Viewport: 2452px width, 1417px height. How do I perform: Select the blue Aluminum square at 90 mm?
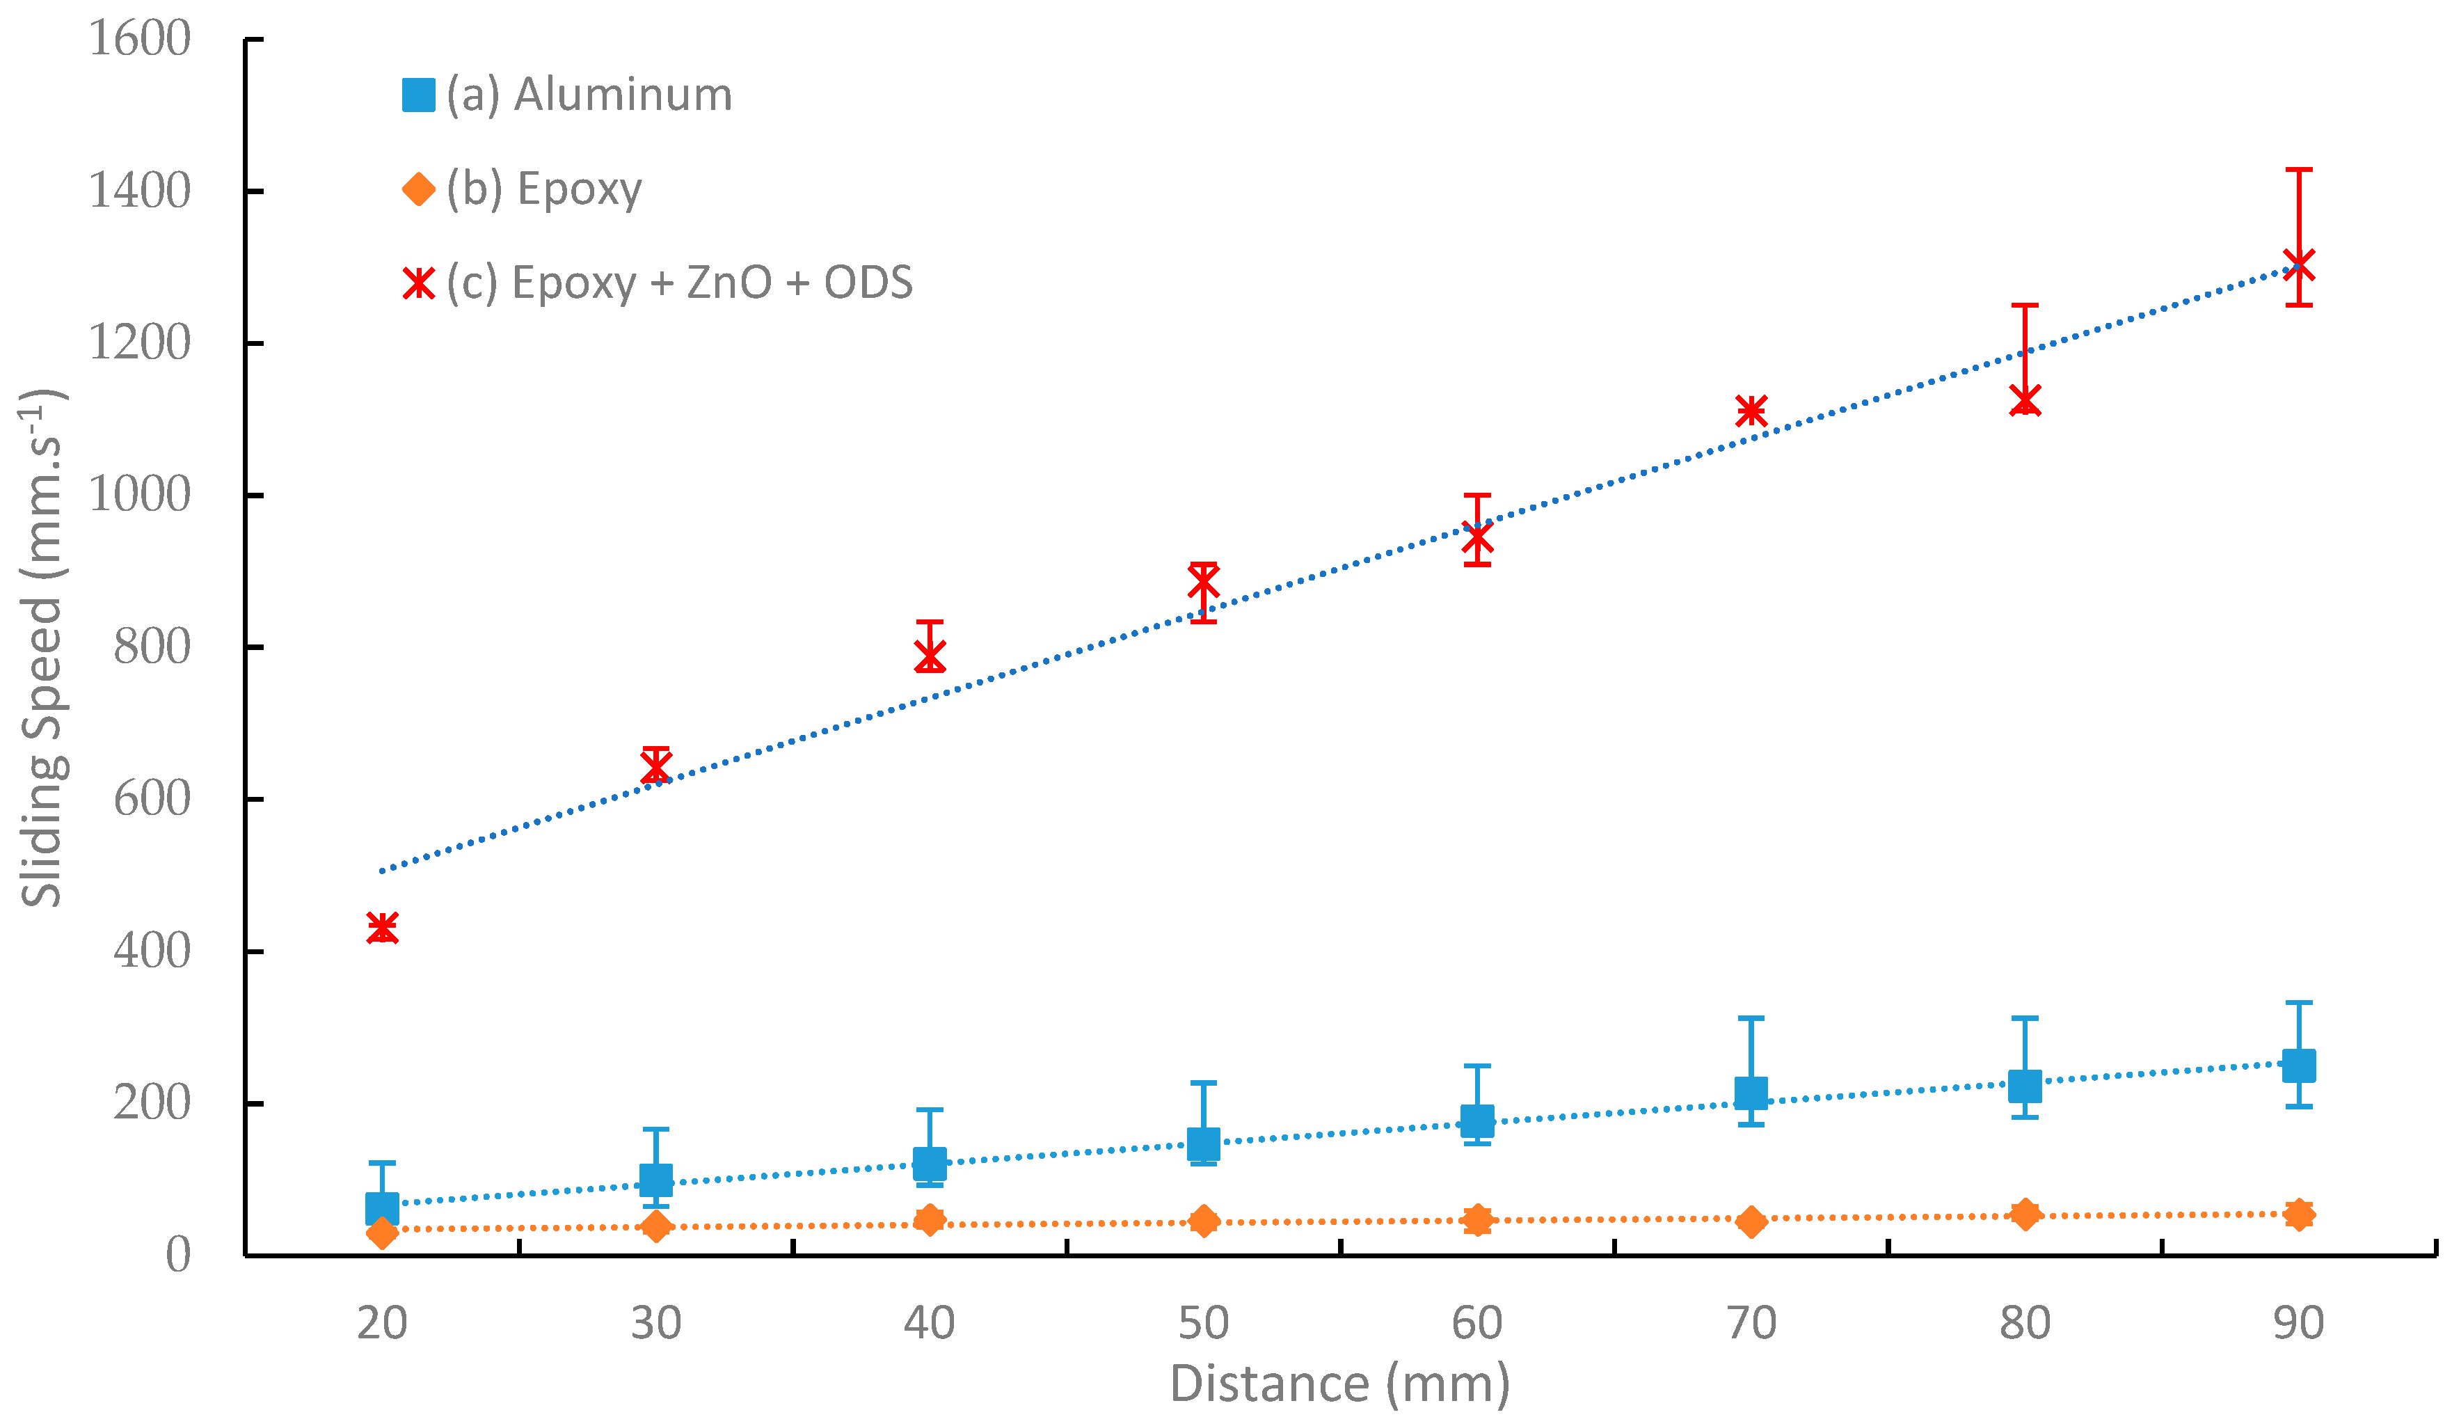pyautogui.click(x=2299, y=1066)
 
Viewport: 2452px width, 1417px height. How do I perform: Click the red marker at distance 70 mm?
pyautogui.click(x=1751, y=411)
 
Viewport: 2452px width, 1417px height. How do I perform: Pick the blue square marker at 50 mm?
pyautogui.click(x=1204, y=1143)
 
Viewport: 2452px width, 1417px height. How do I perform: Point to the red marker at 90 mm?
pyautogui.click(x=2299, y=264)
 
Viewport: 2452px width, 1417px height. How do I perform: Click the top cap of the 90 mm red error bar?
pyautogui.click(x=2299, y=171)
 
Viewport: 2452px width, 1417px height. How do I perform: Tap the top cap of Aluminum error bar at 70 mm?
pyautogui.click(x=1751, y=1019)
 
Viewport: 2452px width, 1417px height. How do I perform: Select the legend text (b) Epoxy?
pyautogui.click(x=544, y=189)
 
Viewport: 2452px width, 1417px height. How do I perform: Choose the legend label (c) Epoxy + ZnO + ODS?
pyautogui.click(x=679, y=283)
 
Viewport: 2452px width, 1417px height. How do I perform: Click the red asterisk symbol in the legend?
pyautogui.click(x=418, y=283)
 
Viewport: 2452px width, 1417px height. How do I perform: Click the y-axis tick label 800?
pyautogui.click(x=151, y=647)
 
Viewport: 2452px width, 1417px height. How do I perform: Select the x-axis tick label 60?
pyautogui.click(x=1477, y=1324)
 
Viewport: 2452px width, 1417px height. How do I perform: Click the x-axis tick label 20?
pyautogui.click(x=383, y=1324)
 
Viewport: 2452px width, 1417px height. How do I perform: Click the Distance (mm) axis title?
pyautogui.click(x=1340, y=1384)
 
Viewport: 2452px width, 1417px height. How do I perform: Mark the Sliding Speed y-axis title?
pyautogui.click(x=41, y=648)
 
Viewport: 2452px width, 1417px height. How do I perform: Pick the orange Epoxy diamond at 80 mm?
pyautogui.click(x=2025, y=1214)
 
